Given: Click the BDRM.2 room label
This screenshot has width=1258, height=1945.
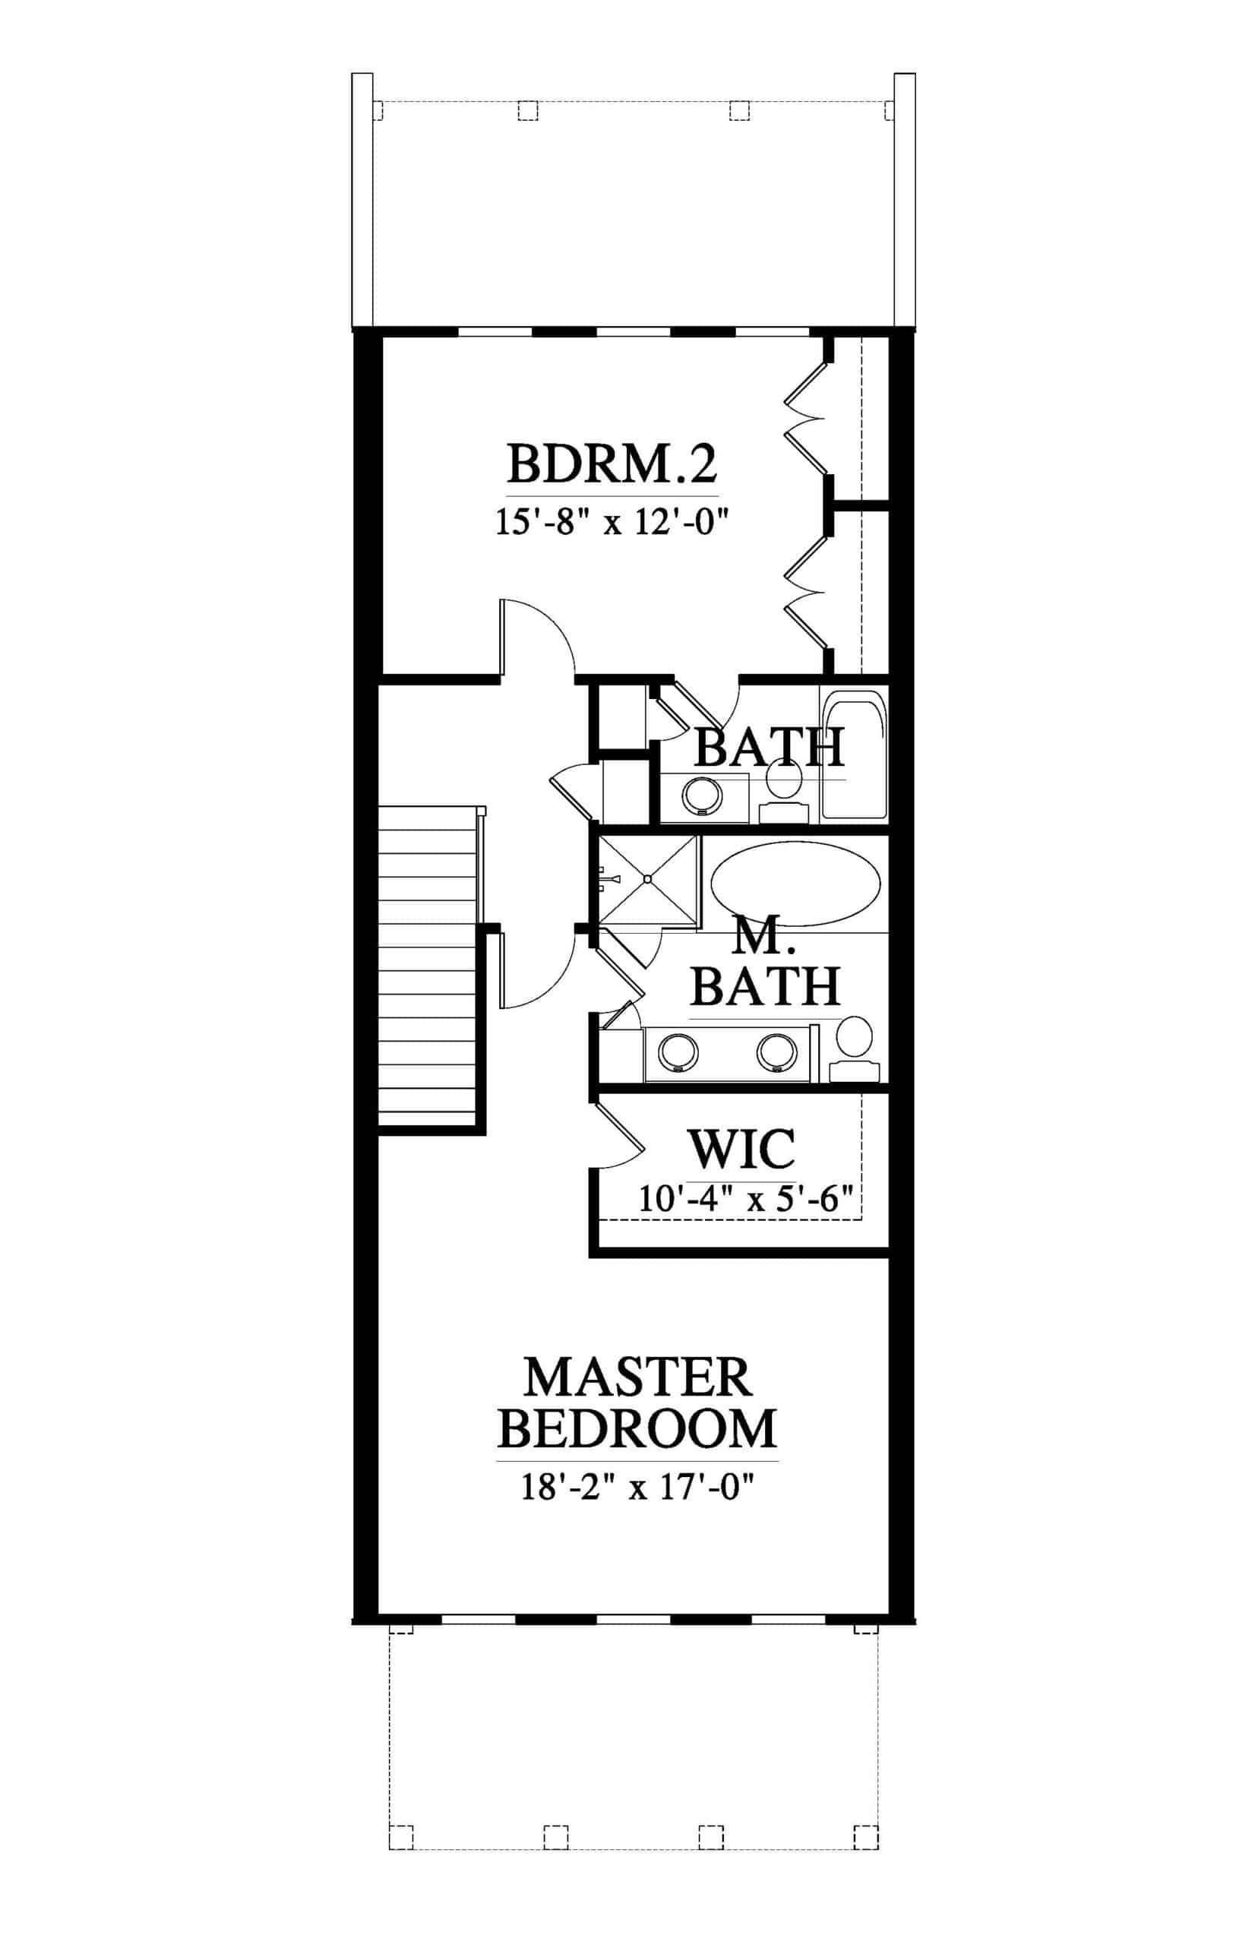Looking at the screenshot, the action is (612, 463).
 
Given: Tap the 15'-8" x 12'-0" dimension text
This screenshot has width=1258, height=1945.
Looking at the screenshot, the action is (612, 520).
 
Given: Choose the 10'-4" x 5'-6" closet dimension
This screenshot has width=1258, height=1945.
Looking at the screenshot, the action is (745, 1199).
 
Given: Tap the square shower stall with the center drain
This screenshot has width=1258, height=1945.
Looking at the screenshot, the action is (648, 880).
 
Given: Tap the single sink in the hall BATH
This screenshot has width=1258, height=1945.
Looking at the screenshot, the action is (703, 795).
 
